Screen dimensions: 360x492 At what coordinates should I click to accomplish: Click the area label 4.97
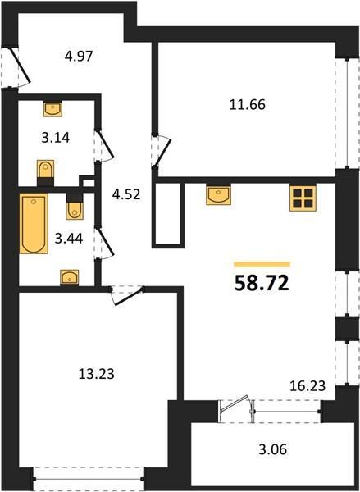[x=79, y=57]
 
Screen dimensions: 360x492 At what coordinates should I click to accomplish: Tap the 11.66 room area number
[x=248, y=104]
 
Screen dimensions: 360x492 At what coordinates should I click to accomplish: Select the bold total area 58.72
[x=262, y=284]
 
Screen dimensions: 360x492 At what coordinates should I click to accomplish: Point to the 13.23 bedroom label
[x=96, y=374]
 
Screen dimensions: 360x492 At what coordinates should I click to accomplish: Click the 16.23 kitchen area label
[x=308, y=386]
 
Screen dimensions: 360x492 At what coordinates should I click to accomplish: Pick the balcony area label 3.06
[x=273, y=449]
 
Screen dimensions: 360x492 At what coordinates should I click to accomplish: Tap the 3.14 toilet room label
[x=56, y=138]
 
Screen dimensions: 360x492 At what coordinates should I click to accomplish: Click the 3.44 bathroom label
[x=69, y=239]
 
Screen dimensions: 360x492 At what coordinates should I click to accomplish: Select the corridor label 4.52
[x=126, y=194]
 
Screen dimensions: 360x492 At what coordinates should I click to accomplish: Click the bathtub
[x=34, y=224]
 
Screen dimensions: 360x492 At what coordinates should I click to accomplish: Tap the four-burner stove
[x=303, y=198]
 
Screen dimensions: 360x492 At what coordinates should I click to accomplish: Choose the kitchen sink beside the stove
[x=218, y=195]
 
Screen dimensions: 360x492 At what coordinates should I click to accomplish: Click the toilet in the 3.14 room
[x=45, y=172]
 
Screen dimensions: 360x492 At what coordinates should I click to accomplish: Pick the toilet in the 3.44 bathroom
[x=75, y=207]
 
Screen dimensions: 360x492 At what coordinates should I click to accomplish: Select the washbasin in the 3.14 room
[x=52, y=109]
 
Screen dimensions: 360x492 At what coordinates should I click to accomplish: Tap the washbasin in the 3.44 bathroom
[x=70, y=278]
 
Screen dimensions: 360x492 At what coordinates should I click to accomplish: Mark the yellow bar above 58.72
[x=262, y=265]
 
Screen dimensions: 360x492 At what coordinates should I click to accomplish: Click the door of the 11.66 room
[x=162, y=151]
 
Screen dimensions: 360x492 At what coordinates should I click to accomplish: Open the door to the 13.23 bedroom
[x=128, y=295]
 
